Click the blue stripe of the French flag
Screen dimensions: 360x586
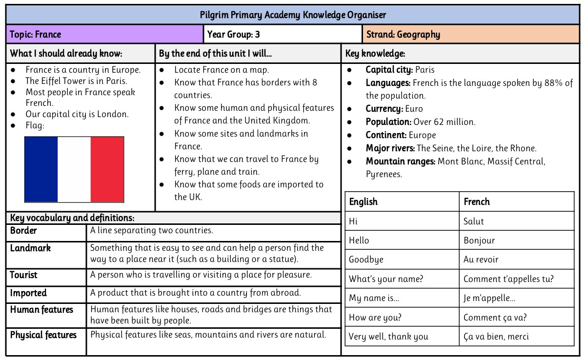click(41, 169)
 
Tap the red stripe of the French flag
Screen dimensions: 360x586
click(107, 169)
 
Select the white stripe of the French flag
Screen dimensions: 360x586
click(74, 169)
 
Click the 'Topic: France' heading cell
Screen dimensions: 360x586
click(36, 35)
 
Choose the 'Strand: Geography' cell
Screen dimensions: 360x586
click(403, 35)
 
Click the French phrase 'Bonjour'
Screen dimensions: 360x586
click(479, 240)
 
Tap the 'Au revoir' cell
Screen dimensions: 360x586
click(481, 260)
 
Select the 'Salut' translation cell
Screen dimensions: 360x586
click(474, 221)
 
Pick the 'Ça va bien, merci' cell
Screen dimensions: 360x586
click(496, 337)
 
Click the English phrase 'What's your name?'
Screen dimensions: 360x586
click(386, 279)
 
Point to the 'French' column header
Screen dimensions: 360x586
click(477, 202)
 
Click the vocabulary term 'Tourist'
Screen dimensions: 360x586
click(23, 275)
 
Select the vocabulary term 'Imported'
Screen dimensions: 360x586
click(28, 293)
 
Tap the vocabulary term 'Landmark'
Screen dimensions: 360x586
click(30, 248)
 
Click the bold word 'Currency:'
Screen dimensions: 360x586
click(384, 109)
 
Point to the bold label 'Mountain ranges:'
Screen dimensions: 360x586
click(401, 161)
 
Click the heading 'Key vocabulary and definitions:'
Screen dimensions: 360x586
click(72, 218)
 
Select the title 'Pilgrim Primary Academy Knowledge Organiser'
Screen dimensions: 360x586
click(293, 15)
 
